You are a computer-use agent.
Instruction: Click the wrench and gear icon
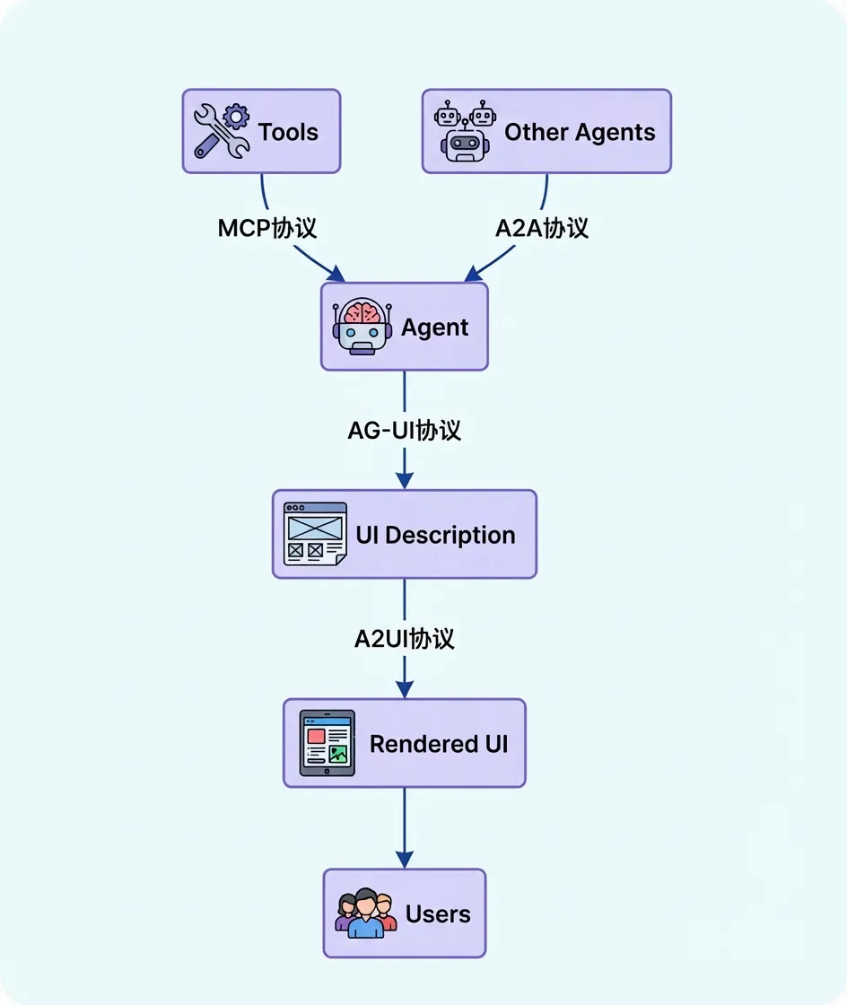point(222,131)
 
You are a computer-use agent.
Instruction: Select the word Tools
point(288,132)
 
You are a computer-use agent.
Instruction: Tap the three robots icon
point(463,131)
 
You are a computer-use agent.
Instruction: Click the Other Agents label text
point(580,132)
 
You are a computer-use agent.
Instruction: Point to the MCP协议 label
point(267,227)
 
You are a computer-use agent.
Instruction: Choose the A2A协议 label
point(542,227)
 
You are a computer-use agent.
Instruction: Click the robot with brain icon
point(362,327)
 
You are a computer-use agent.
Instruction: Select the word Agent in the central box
point(434,328)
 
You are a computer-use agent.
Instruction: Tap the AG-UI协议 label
point(404,430)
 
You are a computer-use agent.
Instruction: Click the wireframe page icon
point(315,534)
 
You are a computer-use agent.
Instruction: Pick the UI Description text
point(435,535)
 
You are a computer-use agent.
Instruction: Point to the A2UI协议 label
point(404,638)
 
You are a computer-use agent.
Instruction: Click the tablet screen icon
point(327,743)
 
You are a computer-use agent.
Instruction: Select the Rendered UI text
point(439,744)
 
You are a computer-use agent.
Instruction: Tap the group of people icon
point(365,913)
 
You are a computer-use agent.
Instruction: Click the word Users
point(438,913)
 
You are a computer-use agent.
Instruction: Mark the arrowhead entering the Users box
point(404,860)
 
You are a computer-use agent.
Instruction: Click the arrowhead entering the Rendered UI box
point(404,690)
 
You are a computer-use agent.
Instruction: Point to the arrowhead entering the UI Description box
point(404,481)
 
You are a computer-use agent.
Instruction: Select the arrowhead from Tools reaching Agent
point(337,273)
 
